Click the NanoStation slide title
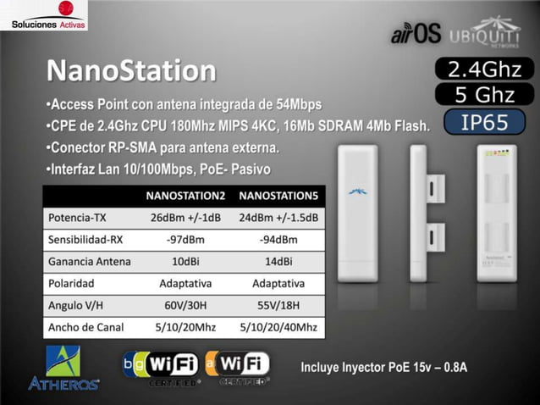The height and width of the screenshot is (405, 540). pos(130,69)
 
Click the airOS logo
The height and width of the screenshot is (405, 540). pos(416,33)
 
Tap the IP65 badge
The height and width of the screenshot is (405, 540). pos(484,123)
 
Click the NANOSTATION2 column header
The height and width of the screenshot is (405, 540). pos(185,196)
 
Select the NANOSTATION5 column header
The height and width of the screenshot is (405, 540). pos(278,196)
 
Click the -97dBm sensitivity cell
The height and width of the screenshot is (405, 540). pos(185,239)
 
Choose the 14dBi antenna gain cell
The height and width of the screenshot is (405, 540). pos(278,261)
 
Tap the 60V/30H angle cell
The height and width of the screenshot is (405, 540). pos(185,305)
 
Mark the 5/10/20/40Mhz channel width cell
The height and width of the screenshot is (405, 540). pos(278,327)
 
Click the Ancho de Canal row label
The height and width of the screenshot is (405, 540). pos(87,327)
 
